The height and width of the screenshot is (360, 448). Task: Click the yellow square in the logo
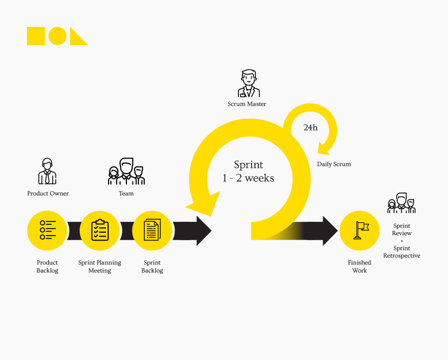click(x=36, y=36)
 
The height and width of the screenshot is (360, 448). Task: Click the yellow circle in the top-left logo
click(x=58, y=36)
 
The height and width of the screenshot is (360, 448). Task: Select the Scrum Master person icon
click(x=248, y=84)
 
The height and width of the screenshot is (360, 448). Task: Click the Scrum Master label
click(x=247, y=104)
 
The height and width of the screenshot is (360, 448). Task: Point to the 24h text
click(x=310, y=128)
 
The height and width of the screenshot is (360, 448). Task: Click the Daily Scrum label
click(x=334, y=164)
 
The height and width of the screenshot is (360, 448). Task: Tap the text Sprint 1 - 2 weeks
click(x=248, y=171)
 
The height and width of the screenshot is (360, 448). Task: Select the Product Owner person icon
click(x=47, y=171)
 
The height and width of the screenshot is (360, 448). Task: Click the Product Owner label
click(x=48, y=193)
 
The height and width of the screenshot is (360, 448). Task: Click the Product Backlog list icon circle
click(x=47, y=231)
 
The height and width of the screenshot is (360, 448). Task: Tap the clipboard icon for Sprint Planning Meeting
click(x=100, y=231)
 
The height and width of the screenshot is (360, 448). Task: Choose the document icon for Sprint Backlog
click(x=152, y=231)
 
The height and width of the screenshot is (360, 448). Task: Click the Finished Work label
click(x=359, y=267)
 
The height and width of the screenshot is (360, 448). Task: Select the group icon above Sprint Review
click(x=401, y=203)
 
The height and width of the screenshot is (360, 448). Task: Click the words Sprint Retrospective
click(x=402, y=252)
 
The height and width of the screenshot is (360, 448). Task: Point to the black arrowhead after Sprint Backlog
click(x=203, y=231)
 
